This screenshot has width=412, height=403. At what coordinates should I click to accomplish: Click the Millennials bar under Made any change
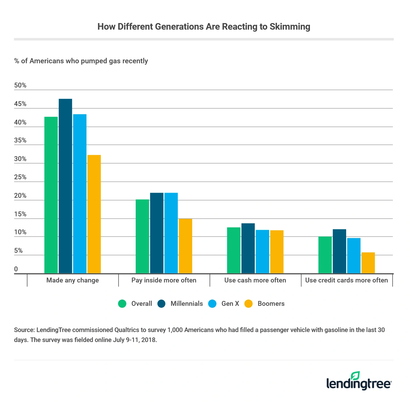(x=65, y=186)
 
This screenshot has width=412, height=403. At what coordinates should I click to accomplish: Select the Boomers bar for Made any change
(x=94, y=214)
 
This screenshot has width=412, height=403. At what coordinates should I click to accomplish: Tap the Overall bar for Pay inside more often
(x=142, y=236)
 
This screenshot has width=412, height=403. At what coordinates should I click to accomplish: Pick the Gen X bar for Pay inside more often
(x=171, y=233)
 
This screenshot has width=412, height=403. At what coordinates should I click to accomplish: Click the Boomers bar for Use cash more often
(x=277, y=252)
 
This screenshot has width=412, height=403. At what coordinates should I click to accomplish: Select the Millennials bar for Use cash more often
(x=248, y=248)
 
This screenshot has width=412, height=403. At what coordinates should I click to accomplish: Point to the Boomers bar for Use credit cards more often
(x=368, y=263)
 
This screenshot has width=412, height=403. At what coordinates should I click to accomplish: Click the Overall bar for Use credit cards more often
(x=325, y=255)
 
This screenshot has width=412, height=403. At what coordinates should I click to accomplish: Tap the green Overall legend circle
(x=122, y=304)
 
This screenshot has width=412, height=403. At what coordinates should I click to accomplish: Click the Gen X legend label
(x=230, y=304)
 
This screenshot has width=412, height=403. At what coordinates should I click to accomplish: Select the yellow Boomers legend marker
(x=249, y=304)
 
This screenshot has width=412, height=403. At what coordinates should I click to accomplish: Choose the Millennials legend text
(x=186, y=304)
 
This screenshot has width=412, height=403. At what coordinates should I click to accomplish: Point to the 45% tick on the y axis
(x=20, y=104)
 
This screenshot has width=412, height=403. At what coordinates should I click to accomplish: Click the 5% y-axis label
(x=18, y=251)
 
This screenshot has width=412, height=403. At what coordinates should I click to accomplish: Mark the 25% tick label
(x=20, y=177)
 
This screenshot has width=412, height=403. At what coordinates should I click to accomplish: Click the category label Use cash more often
(x=255, y=280)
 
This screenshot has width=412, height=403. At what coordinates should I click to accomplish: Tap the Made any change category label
(x=72, y=280)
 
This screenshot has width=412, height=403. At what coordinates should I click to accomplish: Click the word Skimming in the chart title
(x=290, y=27)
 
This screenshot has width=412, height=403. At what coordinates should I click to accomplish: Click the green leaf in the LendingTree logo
(x=355, y=375)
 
